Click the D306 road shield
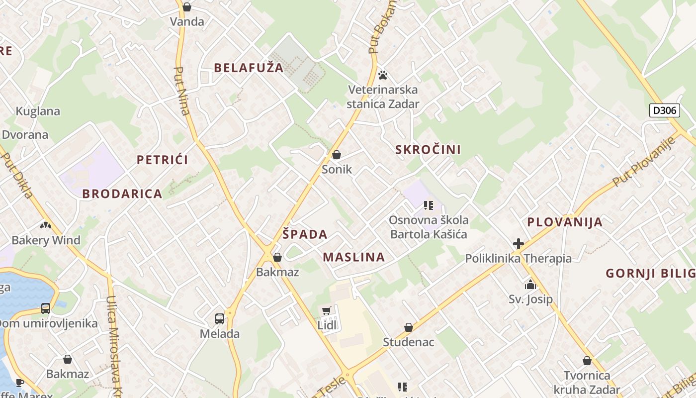coord(665,110)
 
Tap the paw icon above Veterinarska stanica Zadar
coord(382,75)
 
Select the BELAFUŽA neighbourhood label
coord(249,68)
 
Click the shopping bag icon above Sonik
coord(337,155)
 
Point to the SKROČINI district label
coord(428,149)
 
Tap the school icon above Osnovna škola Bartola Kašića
coord(429,205)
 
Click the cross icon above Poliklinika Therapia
coord(519,244)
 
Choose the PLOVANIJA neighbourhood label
coord(565,222)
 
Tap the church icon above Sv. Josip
coord(530,285)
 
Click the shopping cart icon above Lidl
coord(327,311)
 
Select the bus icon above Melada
coord(219,319)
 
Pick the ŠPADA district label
coord(305,234)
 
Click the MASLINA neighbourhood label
coord(353,257)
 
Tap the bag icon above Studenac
coord(408,327)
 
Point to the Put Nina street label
coord(182,91)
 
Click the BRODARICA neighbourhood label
coord(122,194)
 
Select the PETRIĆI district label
coord(163,160)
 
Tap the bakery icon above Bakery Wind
coord(46,225)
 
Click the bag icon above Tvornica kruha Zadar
coord(587,361)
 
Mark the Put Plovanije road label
coord(644,161)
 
